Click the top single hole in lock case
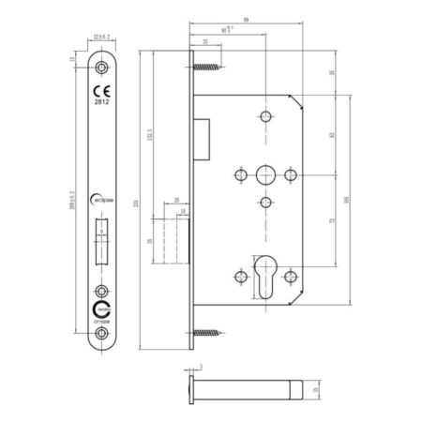(x=265, y=117)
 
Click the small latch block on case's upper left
(x=201, y=135)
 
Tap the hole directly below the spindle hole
(x=265, y=203)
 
